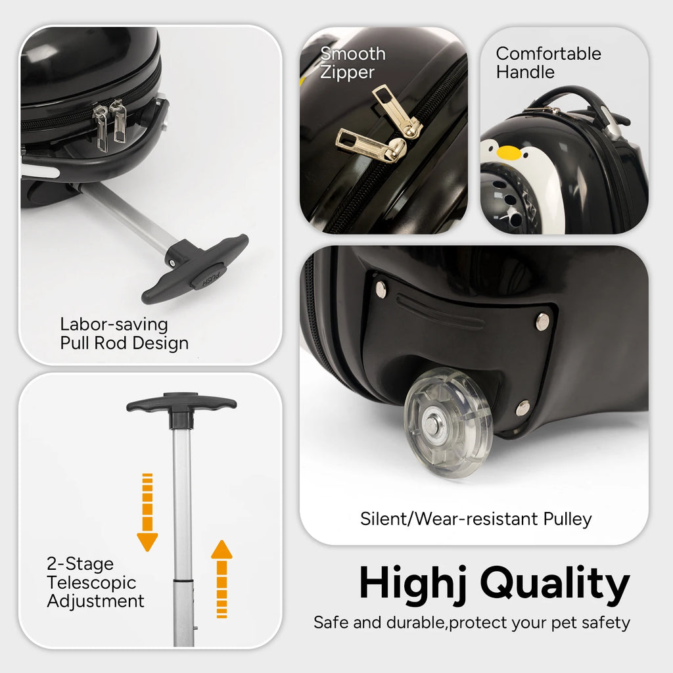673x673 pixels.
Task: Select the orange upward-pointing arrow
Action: coord(221,579)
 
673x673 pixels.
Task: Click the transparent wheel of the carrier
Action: coord(448,423)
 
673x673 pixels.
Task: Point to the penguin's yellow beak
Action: coord(509,152)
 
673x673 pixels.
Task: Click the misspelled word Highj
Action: coord(413,583)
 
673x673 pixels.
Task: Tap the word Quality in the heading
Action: coord(555,584)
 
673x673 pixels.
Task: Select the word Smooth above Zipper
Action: coord(353,54)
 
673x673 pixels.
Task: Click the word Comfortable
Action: coord(549,54)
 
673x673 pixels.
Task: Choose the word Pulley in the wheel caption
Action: coord(567,519)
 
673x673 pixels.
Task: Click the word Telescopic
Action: coord(91,582)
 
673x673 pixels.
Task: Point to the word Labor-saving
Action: coord(114,325)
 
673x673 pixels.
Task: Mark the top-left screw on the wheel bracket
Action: coord(381,289)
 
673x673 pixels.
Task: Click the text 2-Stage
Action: coord(80,564)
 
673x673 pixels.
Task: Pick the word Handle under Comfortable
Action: coord(525,72)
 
